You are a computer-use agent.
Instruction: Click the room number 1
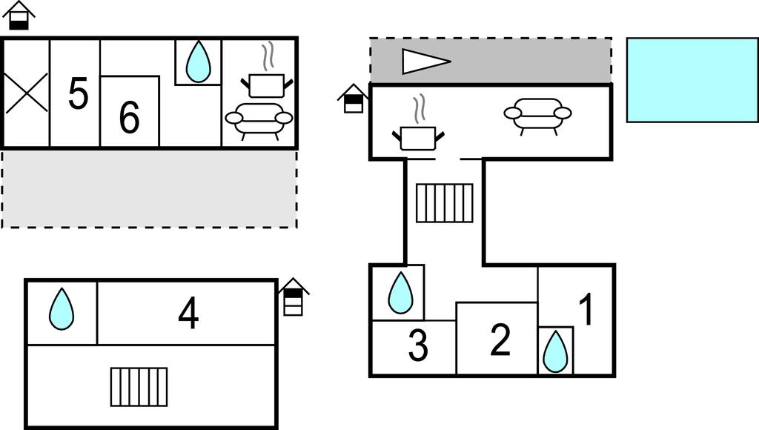coord(586,310)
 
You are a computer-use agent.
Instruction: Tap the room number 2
coord(501,340)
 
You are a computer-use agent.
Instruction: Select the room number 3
coord(419,346)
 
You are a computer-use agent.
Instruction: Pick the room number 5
coord(78,94)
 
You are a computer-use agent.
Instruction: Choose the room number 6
coord(129,117)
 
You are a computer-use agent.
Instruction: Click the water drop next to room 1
coord(555,351)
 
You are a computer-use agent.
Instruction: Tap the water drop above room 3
coord(400,292)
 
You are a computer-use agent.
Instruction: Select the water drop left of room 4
coord(62,308)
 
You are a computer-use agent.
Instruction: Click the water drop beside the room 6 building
coord(198,62)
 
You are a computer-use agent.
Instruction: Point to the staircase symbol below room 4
coord(139,387)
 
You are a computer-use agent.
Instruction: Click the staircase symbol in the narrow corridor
coord(445,203)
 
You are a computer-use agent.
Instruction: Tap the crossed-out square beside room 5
coord(27,93)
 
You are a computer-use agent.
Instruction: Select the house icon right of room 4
coord(294,297)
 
